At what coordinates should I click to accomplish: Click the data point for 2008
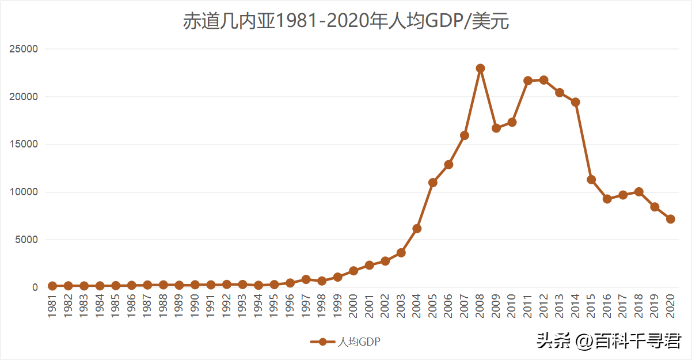coord(480,68)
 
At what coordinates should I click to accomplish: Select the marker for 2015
coord(591,180)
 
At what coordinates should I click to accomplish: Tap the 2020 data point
coord(670,219)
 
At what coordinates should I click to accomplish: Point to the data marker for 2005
coord(433,183)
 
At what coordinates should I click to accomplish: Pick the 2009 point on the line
coord(496,128)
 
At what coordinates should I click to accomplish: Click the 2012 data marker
coord(543,80)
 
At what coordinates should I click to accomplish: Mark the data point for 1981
coord(52,286)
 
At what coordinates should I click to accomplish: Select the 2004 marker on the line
coord(417,229)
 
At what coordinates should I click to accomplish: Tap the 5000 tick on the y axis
coord(28,240)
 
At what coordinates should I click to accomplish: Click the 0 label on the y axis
coord(35,287)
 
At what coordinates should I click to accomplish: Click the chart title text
coord(346,22)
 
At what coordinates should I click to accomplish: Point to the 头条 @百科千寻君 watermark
coord(609,341)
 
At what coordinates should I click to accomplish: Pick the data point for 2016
coord(607,199)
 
